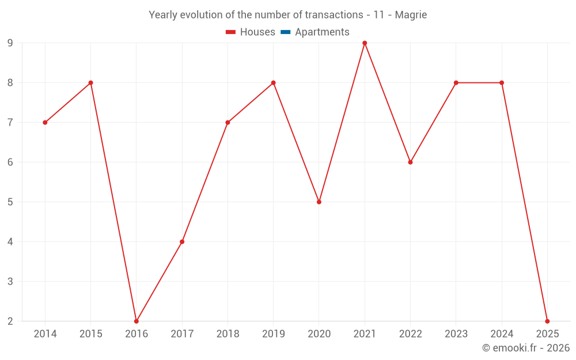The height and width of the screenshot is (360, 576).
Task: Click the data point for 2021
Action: tap(365, 43)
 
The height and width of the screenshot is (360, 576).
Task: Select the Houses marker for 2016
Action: tap(137, 321)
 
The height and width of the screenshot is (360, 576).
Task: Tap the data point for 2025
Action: tap(547, 321)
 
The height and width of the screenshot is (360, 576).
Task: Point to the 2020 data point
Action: tap(319, 202)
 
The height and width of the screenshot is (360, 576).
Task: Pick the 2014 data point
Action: tap(45, 122)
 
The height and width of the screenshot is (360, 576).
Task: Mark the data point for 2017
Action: tap(182, 241)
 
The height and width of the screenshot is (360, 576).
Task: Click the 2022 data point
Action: tap(410, 162)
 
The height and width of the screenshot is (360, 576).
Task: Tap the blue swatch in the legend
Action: tap(285, 32)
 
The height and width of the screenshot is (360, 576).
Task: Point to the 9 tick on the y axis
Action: tap(10, 43)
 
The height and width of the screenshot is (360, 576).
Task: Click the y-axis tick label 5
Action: tap(10, 202)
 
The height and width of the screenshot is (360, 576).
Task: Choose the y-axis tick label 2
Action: tap(10, 321)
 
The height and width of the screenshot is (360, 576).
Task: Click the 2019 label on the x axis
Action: tap(273, 334)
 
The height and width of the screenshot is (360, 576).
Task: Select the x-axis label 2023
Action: tap(456, 334)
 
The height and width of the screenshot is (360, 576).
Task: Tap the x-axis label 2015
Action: tap(91, 334)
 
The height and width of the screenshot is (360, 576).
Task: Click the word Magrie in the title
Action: tap(411, 15)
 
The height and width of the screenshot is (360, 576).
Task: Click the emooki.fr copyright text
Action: tap(526, 348)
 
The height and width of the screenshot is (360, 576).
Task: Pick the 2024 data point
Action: tap(502, 82)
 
